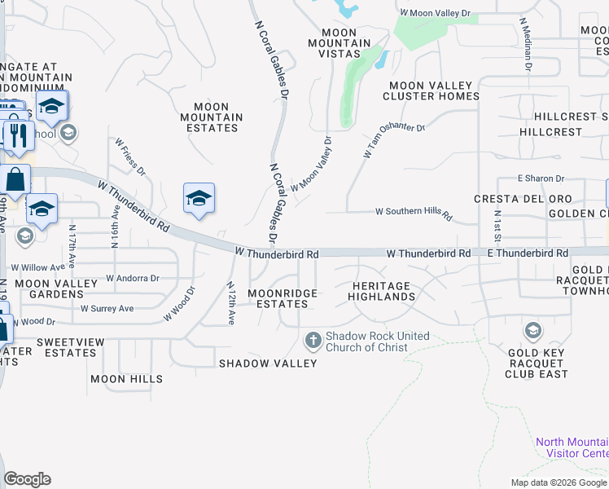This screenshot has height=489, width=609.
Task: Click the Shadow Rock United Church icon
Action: click(x=313, y=339)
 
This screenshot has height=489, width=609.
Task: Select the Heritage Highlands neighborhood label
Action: click(x=383, y=291)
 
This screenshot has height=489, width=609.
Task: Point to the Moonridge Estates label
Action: click(x=278, y=298)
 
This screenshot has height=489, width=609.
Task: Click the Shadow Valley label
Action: click(x=267, y=363)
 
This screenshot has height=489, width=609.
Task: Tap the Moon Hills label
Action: click(x=126, y=379)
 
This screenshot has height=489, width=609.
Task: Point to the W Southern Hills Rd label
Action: click(x=413, y=213)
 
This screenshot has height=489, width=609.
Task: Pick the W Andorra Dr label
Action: click(x=133, y=278)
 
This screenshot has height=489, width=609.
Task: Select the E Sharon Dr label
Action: click(x=541, y=178)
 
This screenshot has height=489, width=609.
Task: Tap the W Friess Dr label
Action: click(x=130, y=156)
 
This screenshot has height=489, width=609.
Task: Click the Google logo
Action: click(x=27, y=479)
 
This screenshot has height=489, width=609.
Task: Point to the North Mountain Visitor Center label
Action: click(x=572, y=447)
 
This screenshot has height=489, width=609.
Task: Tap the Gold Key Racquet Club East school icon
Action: click(x=532, y=330)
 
